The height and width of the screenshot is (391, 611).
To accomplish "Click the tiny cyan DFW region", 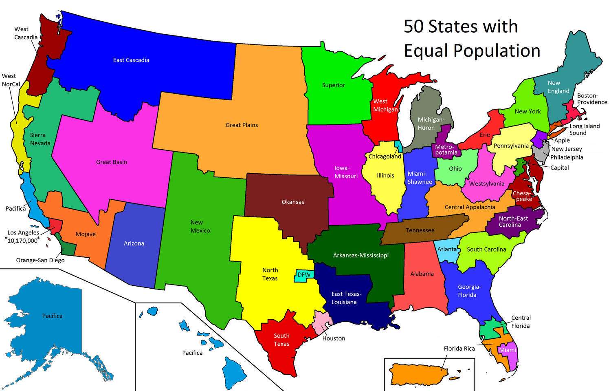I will click(303, 275).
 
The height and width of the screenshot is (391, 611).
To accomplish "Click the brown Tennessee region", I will click(420, 230).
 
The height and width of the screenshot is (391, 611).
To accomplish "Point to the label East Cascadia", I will click(131, 60).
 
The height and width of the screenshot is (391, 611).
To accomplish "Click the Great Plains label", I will click(242, 125).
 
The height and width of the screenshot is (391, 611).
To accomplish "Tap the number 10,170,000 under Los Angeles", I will click(23, 240).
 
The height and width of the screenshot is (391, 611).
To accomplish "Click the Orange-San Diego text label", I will click(40, 260).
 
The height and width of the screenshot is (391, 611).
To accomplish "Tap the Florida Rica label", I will click(459, 349).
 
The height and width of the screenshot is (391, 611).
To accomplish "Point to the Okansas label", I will click(292, 202).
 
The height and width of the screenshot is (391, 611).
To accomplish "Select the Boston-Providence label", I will click(591, 99).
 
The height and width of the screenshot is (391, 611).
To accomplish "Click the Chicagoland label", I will click(385, 157).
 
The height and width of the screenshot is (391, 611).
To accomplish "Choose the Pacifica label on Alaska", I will click(52, 316).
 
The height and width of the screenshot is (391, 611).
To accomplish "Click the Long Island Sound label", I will click(584, 130).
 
